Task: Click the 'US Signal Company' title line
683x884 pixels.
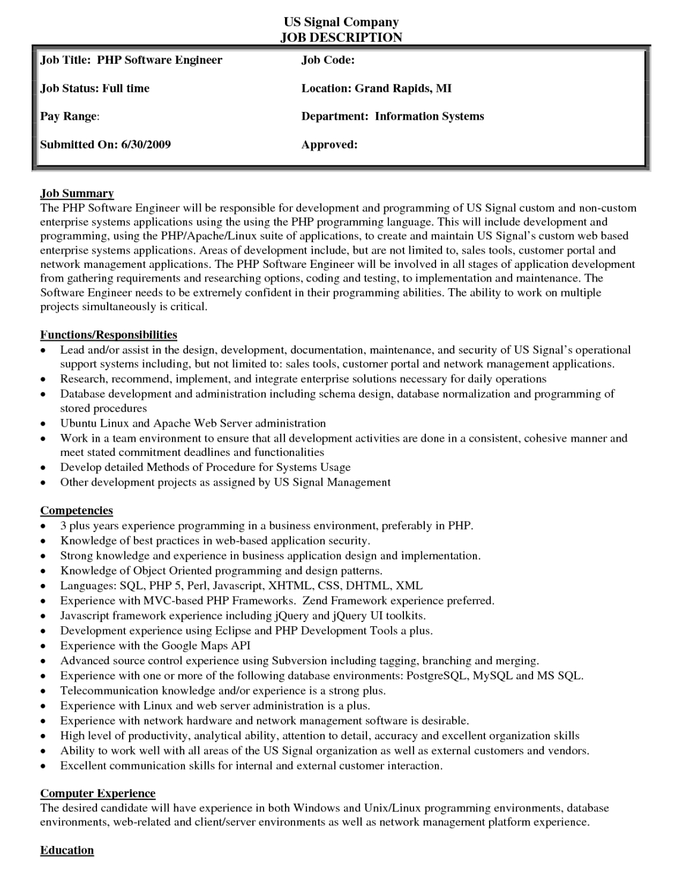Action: coord(341,22)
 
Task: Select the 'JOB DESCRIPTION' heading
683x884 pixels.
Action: coord(341,38)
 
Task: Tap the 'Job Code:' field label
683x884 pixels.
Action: coord(328,60)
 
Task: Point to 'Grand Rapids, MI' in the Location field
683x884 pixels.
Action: coord(403,89)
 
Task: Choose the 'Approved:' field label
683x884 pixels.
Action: coord(329,145)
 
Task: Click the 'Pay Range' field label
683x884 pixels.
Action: coord(68,117)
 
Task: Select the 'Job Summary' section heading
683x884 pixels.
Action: coord(77,193)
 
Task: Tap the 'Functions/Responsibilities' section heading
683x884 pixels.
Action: coord(108,335)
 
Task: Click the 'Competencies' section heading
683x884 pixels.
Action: coord(76,511)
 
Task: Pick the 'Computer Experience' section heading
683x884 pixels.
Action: coord(98,794)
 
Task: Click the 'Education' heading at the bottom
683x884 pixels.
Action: coord(67,850)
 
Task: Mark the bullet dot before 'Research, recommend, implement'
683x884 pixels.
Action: coord(44,380)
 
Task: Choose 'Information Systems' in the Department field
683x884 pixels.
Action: coord(429,117)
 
